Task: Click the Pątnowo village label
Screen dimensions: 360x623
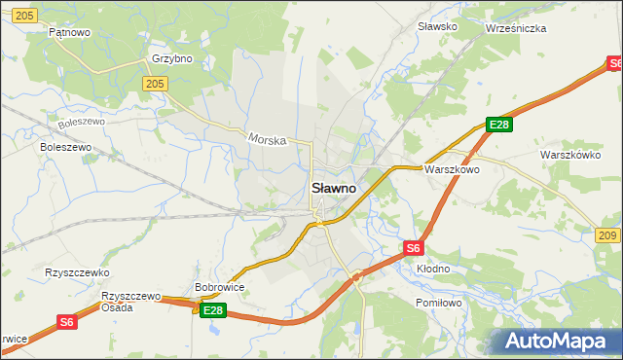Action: point(70,32)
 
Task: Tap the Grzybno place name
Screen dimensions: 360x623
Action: point(172,58)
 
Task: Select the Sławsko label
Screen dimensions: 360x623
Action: point(437,26)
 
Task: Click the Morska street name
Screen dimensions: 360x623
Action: point(267,140)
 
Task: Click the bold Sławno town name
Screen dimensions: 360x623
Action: point(333,187)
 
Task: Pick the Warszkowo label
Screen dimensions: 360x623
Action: point(452,168)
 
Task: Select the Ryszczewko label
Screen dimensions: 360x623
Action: point(77,273)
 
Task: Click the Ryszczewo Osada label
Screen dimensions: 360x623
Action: point(130,301)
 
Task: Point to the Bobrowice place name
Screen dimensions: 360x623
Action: point(219,288)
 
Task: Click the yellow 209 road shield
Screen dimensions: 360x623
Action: point(606,236)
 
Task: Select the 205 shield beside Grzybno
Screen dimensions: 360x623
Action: point(153,85)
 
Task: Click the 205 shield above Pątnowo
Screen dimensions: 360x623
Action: point(25,14)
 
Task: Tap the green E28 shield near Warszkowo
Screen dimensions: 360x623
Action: point(499,125)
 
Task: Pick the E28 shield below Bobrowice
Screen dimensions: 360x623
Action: point(213,310)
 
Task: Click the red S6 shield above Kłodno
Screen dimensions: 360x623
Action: point(413,248)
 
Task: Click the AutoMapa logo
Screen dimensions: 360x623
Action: point(554,341)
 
